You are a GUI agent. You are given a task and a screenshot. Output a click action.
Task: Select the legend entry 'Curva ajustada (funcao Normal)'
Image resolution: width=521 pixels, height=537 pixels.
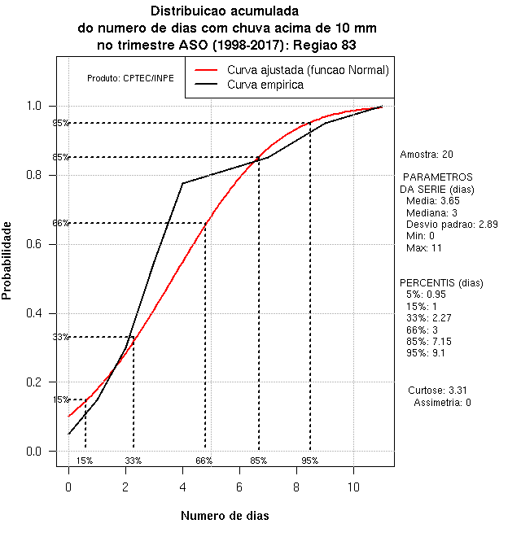point(308,71)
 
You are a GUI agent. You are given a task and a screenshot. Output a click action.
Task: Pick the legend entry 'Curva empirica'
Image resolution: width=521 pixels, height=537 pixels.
point(265,85)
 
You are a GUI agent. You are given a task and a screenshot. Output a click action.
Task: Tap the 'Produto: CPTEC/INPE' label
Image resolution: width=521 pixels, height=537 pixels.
point(130,78)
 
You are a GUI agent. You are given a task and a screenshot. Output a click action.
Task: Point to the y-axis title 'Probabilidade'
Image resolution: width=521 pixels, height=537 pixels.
point(7,260)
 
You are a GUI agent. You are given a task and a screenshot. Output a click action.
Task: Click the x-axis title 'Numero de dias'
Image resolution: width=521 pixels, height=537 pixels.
point(225,516)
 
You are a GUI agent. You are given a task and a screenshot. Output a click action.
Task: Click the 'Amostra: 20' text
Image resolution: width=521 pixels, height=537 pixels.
point(427,154)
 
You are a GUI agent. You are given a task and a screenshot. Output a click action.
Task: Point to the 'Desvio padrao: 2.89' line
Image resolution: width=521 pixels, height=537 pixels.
point(452,224)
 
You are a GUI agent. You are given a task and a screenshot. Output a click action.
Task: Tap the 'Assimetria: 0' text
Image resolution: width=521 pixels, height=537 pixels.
point(442,402)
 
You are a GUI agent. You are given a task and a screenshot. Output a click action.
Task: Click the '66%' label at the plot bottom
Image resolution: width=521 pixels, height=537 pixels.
point(204,461)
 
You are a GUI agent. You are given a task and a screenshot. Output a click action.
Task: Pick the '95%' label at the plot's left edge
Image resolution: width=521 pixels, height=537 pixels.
point(60,123)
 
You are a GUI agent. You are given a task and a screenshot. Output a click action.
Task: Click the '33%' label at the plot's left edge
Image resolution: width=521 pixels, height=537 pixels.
point(60,337)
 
